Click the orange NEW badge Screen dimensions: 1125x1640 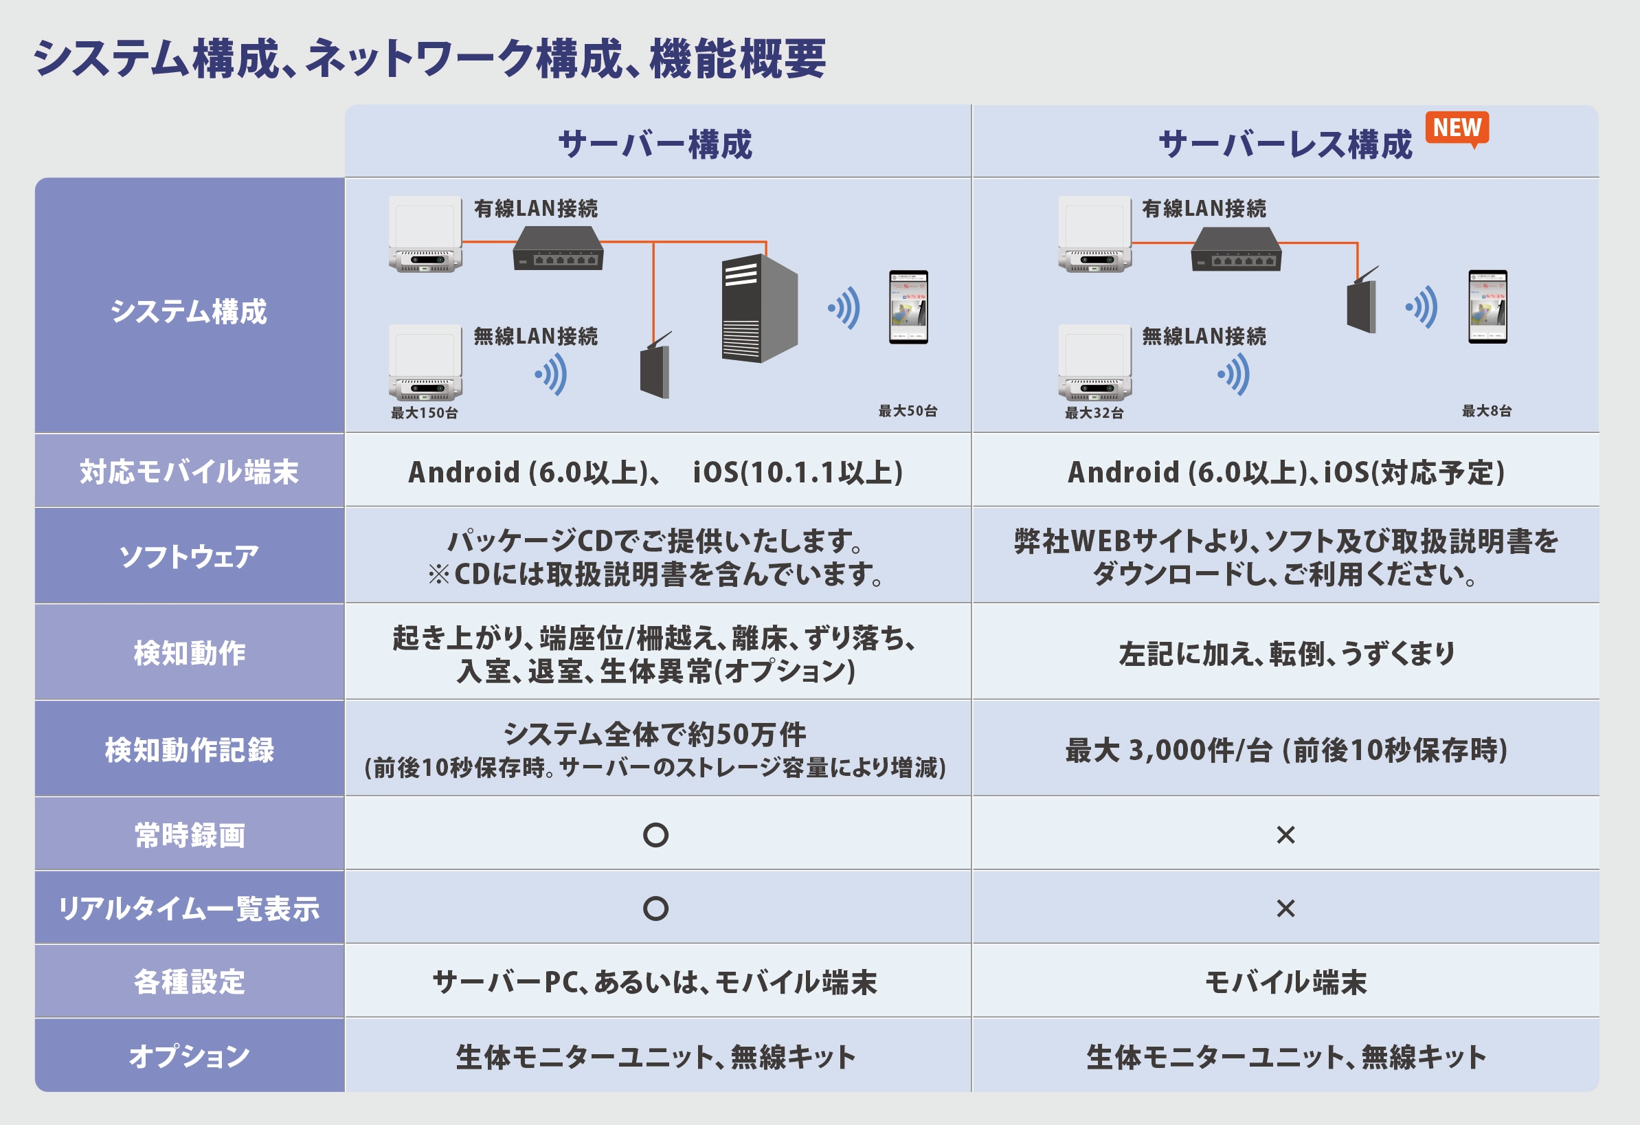(1457, 128)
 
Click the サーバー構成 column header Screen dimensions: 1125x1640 (655, 145)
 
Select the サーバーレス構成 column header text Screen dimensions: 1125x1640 (1285, 145)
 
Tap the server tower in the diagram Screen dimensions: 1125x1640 (759, 309)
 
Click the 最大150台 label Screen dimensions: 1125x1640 (424, 413)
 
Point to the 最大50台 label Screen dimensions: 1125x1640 (908, 411)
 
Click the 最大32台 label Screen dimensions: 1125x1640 (1094, 413)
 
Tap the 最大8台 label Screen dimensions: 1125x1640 (1487, 411)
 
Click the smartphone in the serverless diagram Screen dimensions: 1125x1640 (1487, 307)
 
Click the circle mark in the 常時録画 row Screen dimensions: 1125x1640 (655, 835)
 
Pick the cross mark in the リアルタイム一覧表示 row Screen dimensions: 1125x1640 (1285, 909)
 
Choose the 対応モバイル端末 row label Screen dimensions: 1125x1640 (189, 471)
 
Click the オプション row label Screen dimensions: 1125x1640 (189, 1056)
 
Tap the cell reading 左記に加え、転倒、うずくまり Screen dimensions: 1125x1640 (1285, 654)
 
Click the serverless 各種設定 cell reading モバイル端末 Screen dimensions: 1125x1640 (1285, 983)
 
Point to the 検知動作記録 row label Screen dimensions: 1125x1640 (189, 750)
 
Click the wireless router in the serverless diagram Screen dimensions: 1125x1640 (1362, 304)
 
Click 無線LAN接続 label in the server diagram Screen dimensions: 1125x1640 (536, 336)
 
